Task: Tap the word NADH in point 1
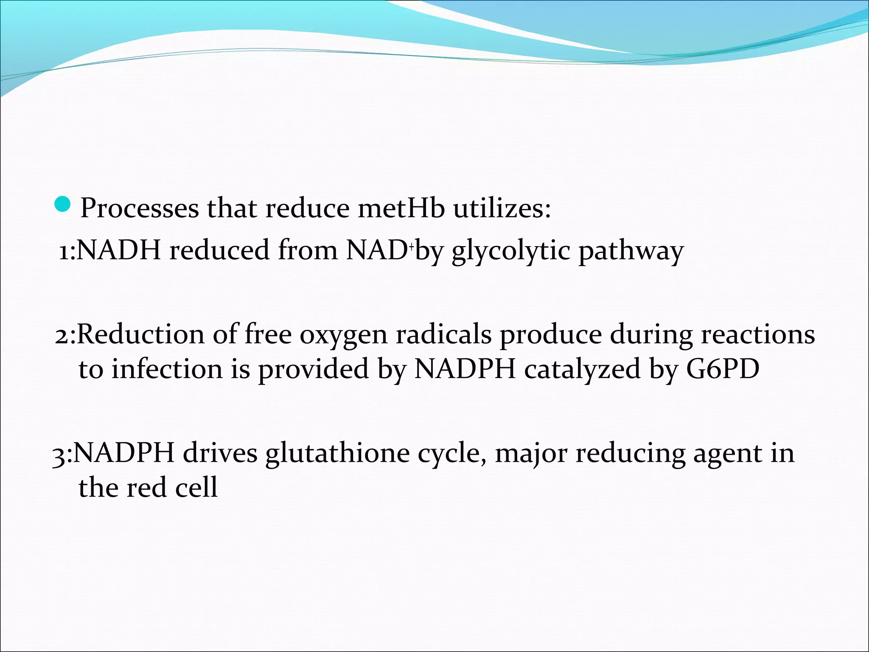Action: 119,250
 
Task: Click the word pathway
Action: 631,251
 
